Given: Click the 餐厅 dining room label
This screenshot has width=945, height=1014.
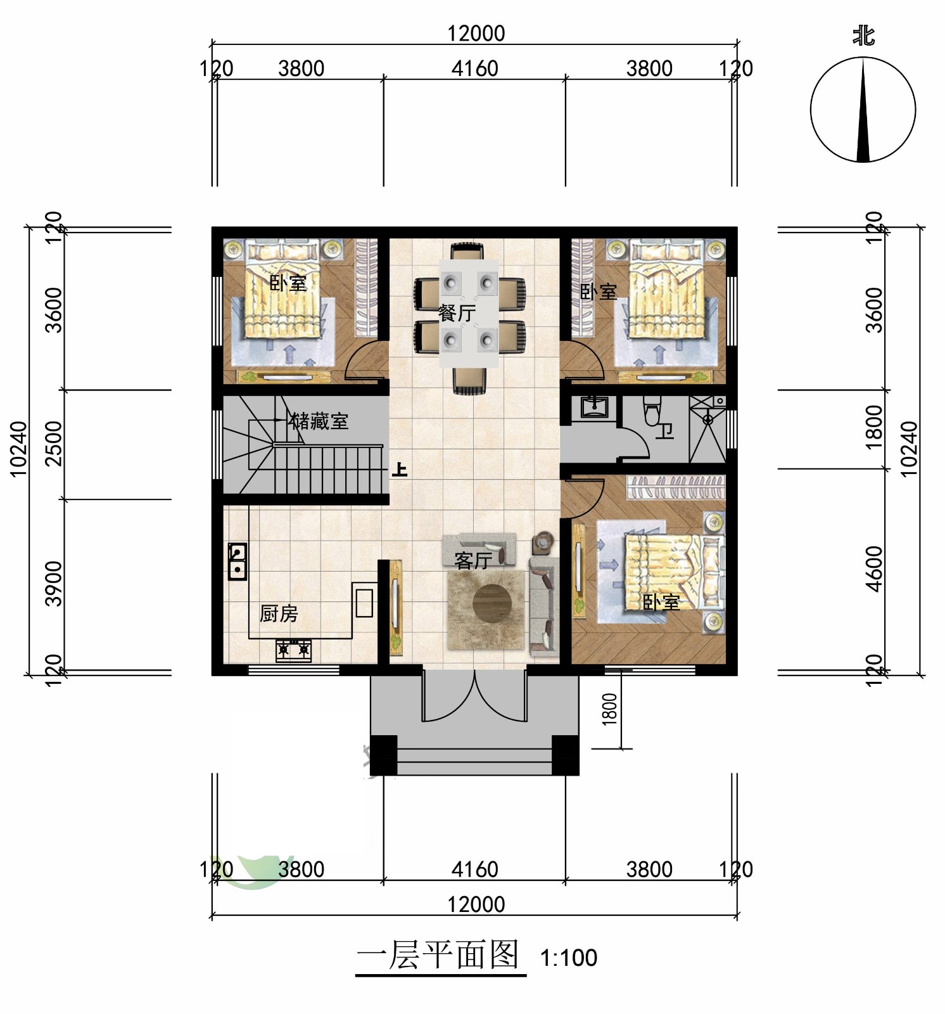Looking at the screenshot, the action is tap(457, 312).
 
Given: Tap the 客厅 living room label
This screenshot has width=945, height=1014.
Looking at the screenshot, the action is tap(473, 560).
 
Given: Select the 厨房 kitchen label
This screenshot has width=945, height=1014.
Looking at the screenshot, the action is tap(279, 613).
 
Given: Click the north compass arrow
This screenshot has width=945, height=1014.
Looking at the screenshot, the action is tap(863, 110).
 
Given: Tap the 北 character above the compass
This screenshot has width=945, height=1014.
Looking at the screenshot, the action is tap(863, 35).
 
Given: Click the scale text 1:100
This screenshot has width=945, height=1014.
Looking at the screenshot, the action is tap(568, 958).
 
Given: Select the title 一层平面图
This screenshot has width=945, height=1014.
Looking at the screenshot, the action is tap(438, 954).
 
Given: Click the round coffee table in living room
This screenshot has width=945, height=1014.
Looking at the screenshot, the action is tap(492, 603).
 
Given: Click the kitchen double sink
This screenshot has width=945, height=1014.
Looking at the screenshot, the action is tap(238, 562).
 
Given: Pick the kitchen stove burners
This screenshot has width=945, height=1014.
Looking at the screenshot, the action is tap(293, 650).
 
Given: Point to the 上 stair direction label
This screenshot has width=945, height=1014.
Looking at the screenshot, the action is tap(400, 470).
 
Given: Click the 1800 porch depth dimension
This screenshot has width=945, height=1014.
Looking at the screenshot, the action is tap(609, 709).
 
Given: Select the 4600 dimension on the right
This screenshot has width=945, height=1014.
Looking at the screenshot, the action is tap(874, 568).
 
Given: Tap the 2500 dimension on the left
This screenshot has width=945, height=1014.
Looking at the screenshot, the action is tap(54, 444).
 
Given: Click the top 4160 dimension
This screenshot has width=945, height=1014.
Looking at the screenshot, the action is tap(474, 68).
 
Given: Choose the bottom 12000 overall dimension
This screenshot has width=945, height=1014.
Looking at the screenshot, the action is tap(476, 904).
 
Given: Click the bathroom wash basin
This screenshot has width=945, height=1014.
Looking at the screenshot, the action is tap(593, 407).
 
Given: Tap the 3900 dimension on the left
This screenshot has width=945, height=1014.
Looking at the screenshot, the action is tap(54, 584).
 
